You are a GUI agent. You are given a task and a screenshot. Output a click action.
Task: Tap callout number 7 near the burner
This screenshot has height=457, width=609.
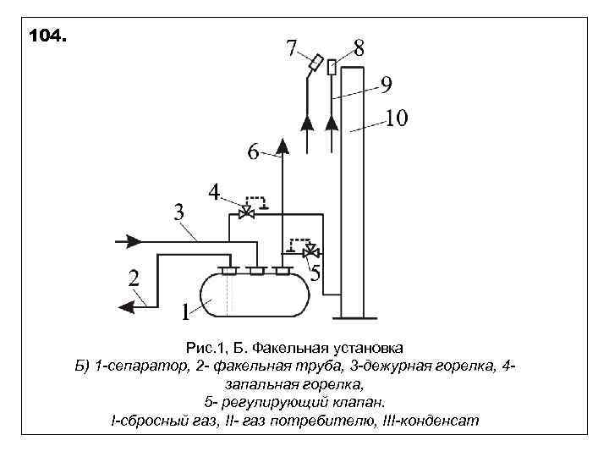click(x=293, y=48)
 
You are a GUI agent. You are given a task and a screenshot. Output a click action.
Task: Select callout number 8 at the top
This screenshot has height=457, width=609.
click(x=359, y=48)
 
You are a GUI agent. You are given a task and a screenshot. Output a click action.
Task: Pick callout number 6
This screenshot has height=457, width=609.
click(x=253, y=153)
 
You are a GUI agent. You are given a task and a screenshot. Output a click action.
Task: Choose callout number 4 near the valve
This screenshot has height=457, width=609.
click(x=215, y=193)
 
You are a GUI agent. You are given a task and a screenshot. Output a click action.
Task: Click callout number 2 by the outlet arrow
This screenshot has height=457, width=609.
click(x=134, y=278)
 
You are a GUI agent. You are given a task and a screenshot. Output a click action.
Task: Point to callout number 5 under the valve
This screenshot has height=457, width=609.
click(x=315, y=273)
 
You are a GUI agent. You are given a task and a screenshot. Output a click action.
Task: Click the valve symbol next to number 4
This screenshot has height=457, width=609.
click(x=247, y=212)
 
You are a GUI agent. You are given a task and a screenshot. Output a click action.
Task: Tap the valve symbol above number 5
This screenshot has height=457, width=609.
click(x=310, y=251)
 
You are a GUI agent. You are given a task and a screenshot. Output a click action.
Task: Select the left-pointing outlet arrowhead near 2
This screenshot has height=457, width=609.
click(x=127, y=306)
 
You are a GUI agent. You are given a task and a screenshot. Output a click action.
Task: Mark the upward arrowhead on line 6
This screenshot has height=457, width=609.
click(x=283, y=147)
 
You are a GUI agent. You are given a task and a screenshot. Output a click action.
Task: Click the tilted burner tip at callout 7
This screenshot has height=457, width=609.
click(x=315, y=62)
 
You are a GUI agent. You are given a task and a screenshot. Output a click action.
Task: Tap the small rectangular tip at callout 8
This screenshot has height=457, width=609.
click(x=332, y=66)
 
